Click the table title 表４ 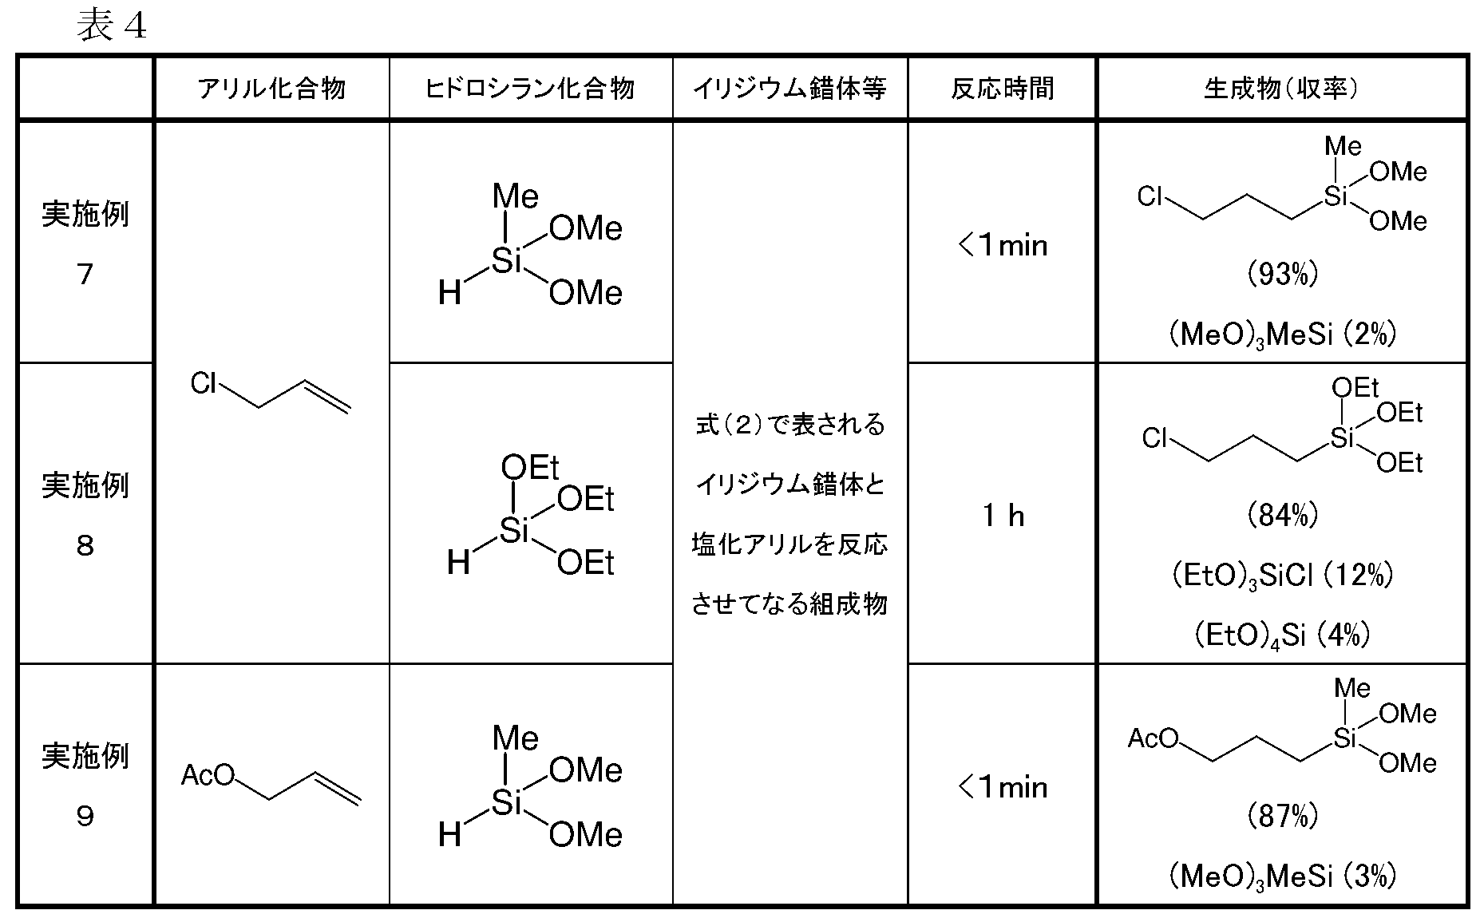(112, 26)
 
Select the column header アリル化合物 (271, 89)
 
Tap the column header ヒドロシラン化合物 (530, 89)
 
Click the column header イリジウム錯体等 (789, 89)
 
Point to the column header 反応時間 (1003, 89)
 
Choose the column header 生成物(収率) (1281, 89)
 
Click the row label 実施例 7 (85, 243)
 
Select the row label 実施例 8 (85, 515)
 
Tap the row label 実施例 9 (85, 785)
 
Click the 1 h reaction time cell (1003, 516)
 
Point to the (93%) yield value (1282, 275)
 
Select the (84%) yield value (1282, 516)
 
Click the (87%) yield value (1282, 816)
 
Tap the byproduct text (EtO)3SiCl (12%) (1282, 576)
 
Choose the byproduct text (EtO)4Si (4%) (1282, 636)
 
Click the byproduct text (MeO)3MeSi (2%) (1282, 334)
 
